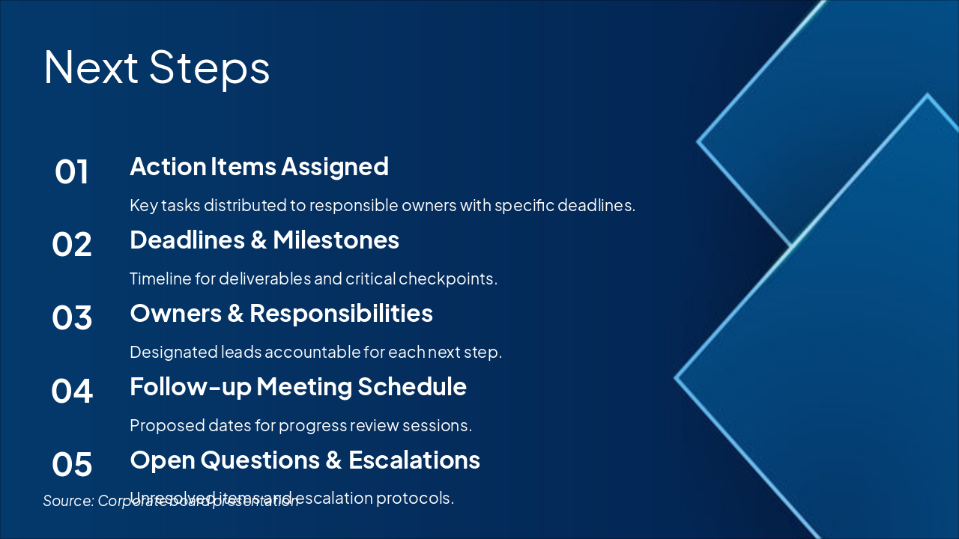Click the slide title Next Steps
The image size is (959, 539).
click(x=157, y=67)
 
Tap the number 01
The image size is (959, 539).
click(x=72, y=172)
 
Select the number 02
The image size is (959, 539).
click(x=72, y=245)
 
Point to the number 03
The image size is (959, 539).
click(x=72, y=318)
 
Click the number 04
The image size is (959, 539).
click(x=72, y=392)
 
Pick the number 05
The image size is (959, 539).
click(x=72, y=465)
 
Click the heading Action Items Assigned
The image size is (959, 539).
click(x=259, y=166)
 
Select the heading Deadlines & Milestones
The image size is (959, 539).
click(x=264, y=240)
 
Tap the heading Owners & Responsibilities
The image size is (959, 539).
click(x=281, y=313)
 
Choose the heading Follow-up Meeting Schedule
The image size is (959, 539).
click(x=298, y=386)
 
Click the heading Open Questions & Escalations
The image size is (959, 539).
click(x=305, y=460)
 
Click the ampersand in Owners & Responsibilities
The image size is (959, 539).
click(x=235, y=314)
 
